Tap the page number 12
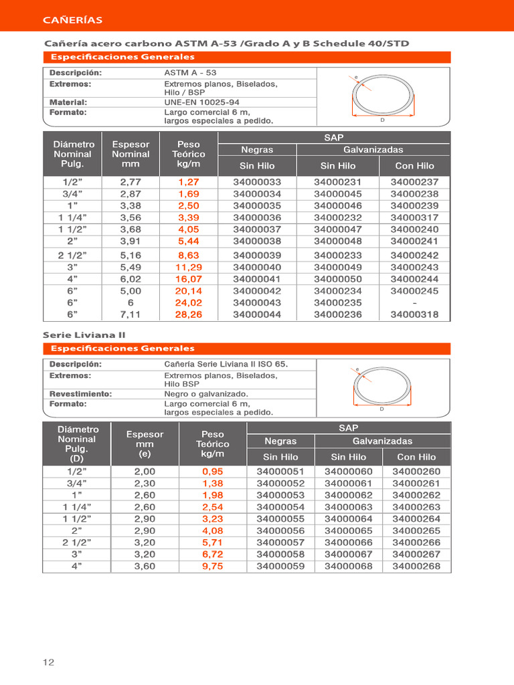tap(48, 662)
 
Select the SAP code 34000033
tap(257, 182)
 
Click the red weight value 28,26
tap(189, 314)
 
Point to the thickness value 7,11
tap(131, 314)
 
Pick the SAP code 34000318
tap(414, 314)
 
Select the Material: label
tap(68, 102)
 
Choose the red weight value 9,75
tap(212, 566)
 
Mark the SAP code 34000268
tap(416, 566)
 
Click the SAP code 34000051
tap(280, 471)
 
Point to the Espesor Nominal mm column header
tap(131, 154)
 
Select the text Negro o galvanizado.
tap(206, 394)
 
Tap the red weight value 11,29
tap(189, 267)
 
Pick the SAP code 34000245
tap(414, 290)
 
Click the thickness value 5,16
tap(131, 255)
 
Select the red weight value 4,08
tap(212, 530)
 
